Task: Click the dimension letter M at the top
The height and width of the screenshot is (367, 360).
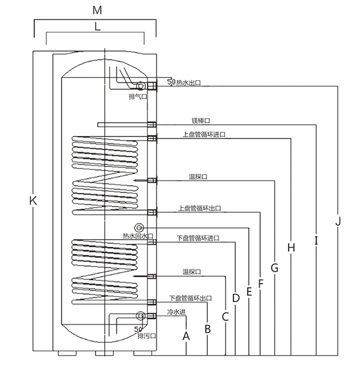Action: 97,10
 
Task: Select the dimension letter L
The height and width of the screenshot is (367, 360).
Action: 97,26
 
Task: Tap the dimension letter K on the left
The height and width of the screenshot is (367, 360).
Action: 33,201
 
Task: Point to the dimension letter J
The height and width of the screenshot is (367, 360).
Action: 338,221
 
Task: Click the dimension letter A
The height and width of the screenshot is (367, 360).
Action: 186,336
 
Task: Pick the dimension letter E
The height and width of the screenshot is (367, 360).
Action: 249,291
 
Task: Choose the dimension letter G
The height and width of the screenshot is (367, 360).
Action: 275,268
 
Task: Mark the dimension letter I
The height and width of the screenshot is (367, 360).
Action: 316,240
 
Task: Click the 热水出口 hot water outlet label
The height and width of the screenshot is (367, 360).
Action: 188,83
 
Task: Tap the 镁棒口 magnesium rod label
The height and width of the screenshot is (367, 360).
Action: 201,121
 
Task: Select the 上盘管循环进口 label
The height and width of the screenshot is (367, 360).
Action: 204,134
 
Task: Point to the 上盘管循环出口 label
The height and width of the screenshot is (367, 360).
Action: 200,208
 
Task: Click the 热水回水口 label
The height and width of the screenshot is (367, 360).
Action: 138,236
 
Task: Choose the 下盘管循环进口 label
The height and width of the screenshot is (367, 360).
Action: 198,238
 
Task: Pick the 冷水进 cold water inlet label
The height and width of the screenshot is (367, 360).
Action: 176,312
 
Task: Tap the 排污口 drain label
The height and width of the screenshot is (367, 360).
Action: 147,336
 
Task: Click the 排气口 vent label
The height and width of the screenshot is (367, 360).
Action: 138,96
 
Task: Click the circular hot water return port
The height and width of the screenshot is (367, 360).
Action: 139,227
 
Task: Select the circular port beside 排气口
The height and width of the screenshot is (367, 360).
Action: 141,86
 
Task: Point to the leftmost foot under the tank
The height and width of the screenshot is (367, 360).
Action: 67,353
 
